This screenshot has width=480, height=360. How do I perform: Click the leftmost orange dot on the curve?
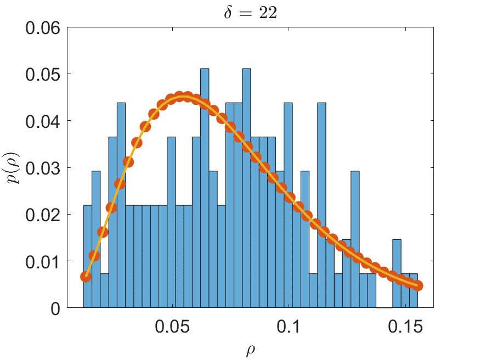click(86, 277)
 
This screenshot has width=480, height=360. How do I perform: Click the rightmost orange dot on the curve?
click(417, 285)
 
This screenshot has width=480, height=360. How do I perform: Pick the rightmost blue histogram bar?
click(414, 291)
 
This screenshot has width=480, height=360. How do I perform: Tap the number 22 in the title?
click(268, 13)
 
